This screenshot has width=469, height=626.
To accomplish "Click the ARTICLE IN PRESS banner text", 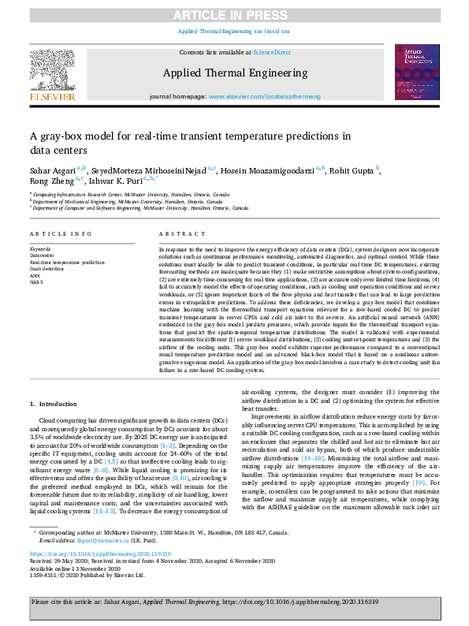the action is pos(234,15).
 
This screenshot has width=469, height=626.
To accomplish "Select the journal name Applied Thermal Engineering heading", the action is pos(235,73).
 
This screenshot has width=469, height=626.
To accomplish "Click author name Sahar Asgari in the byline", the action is pos(54,170).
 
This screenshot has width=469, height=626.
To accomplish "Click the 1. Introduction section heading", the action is pos(58,404).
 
